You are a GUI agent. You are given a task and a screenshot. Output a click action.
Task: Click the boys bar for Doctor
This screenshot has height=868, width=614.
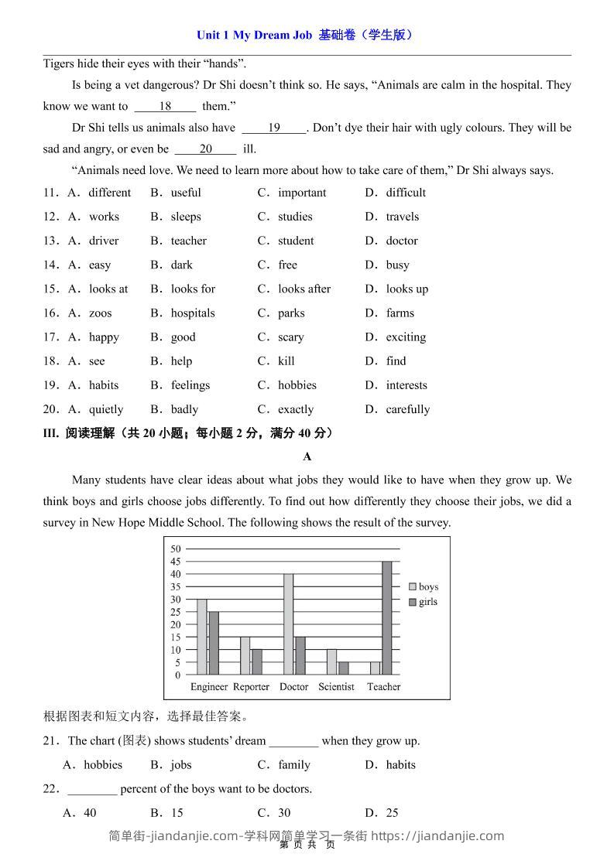pyautogui.click(x=288, y=624)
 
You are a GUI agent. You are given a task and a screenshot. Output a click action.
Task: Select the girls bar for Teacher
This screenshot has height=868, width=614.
pyautogui.click(x=387, y=618)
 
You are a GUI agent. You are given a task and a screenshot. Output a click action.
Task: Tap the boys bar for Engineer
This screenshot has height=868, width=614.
pyautogui.click(x=201, y=637)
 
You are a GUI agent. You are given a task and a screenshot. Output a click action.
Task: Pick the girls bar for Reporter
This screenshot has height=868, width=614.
pyautogui.click(x=257, y=661)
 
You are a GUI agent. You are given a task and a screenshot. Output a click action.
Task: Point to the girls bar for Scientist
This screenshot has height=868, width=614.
pyautogui.click(x=343, y=668)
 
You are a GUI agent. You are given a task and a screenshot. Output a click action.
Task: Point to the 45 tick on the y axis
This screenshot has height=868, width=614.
pyautogui.click(x=175, y=562)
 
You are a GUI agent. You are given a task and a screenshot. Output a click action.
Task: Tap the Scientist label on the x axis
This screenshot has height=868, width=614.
pyautogui.click(x=336, y=687)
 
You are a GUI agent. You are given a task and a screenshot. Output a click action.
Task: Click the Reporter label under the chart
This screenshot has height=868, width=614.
pyautogui.click(x=251, y=687)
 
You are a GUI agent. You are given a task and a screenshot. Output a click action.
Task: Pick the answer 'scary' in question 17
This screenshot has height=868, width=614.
pyautogui.click(x=291, y=337)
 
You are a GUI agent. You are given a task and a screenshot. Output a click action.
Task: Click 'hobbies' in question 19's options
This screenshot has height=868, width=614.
pyautogui.click(x=297, y=385)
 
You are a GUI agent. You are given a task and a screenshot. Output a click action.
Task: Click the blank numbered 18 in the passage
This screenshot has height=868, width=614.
pyautogui.click(x=165, y=107)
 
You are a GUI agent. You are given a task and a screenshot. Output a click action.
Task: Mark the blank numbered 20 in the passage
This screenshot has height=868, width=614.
pyautogui.click(x=205, y=149)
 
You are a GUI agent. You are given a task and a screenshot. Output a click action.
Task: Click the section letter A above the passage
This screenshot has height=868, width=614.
pyautogui.click(x=307, y=457)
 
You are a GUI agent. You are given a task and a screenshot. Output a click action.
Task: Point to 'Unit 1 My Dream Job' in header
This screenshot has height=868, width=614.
pyautogui.click(x=254, y=35)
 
